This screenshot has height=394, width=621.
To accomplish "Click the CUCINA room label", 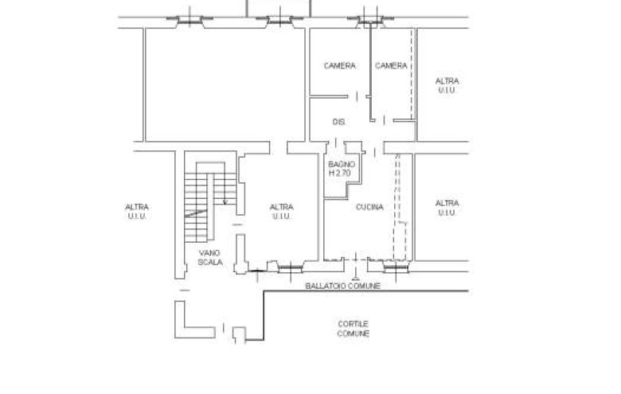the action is click(369, 207).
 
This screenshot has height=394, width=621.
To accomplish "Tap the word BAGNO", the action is click(342, 164).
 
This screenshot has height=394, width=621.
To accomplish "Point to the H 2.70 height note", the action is click(340, 173).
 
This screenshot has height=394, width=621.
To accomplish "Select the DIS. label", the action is click(339, 122).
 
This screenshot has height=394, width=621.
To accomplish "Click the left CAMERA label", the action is click(340, 66).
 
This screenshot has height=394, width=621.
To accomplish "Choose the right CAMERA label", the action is click(391, 66).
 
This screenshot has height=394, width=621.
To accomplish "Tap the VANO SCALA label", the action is click(210, 257).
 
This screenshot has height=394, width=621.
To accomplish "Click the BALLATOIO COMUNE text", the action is click(343, 286).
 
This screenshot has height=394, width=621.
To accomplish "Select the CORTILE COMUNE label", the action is click(353, 329).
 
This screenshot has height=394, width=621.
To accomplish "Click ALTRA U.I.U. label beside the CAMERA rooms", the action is click(447, 85).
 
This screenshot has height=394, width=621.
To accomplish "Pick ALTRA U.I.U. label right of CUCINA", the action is click(447, 208).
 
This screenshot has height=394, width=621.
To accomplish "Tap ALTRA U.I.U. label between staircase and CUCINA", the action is click(282, 212).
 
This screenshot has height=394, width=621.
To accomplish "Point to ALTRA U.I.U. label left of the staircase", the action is click(137, 212).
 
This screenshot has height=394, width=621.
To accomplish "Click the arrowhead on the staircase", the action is click(225, 202).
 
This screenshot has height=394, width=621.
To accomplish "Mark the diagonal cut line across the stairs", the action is click(196, 213).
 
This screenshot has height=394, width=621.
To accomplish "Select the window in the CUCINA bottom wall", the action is click(396, 269).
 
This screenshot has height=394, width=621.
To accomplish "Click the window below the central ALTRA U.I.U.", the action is click(291, 269).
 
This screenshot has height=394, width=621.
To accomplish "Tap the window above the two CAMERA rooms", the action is click(370, 20).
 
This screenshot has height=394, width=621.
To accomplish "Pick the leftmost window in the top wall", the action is click(189, 20).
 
